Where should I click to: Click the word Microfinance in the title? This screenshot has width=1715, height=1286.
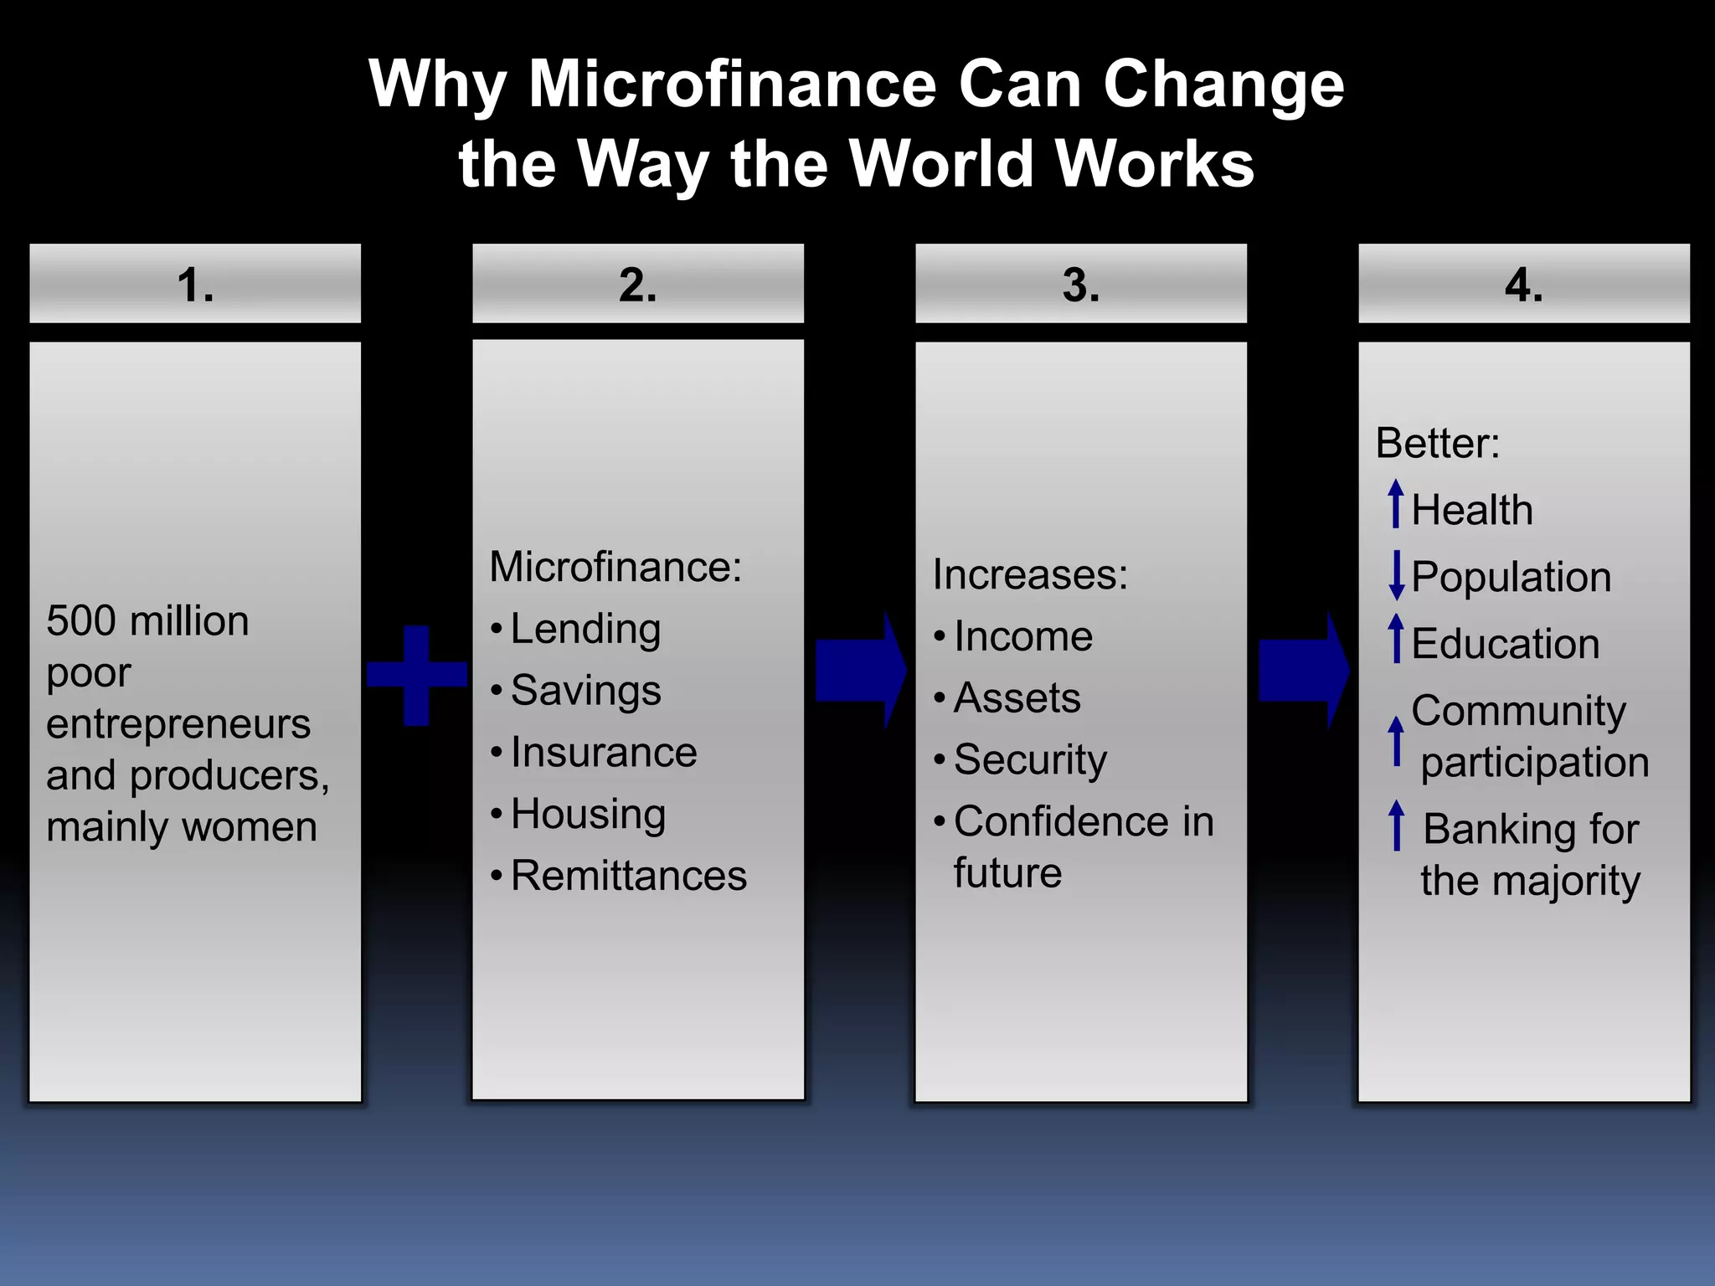(732, 85)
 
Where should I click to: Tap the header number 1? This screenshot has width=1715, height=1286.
(195, 285)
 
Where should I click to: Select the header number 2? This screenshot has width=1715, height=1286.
(638, 285)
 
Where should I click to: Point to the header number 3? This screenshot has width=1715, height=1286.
(1080, 285)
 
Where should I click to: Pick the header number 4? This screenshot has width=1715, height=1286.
(1523, 285)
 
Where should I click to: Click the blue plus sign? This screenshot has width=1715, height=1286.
(417, 675)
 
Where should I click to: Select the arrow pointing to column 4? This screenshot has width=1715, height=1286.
(1303, 670)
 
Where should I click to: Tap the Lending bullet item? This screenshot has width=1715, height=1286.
(585, 629)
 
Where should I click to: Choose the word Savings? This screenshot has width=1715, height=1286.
(585, 691)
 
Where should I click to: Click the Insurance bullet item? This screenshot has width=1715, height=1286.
(603, 752)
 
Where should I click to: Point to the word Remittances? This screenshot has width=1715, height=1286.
(628, 876)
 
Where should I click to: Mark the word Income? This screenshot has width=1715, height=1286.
(1022, 636)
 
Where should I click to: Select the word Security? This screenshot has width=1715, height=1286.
(1030, 760)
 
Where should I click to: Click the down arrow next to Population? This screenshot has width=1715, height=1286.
(1396, 576)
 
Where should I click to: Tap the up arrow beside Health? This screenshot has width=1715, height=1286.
(1396, 504)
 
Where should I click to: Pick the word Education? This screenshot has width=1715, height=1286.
(1505, 644)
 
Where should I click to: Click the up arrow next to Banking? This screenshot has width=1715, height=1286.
(1396, 826)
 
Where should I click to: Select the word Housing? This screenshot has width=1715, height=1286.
(588, 814)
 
